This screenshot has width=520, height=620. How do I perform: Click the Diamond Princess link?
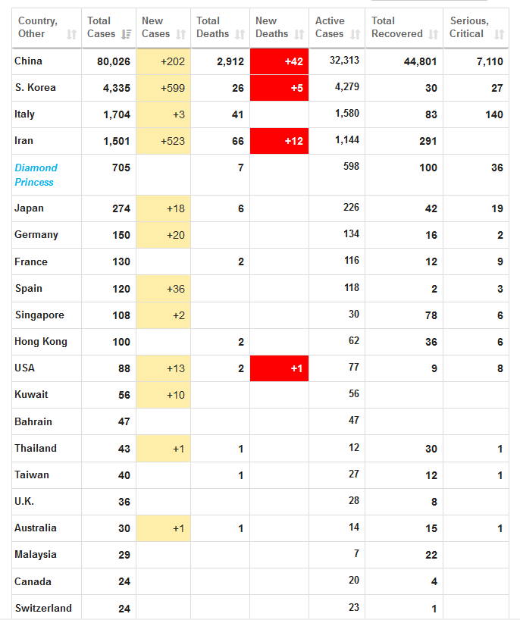[36, 174]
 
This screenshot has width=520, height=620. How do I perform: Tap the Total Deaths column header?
[213, 27]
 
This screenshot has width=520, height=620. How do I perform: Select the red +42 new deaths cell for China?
[279, 61]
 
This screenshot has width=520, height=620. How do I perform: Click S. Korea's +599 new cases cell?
[164, 88]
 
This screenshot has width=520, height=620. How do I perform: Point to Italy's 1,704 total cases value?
[117, 114]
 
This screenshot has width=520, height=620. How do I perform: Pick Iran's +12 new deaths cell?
[279, 141]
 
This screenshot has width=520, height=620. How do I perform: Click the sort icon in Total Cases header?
[126, 34]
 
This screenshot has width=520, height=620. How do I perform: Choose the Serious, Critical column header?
[469, 27]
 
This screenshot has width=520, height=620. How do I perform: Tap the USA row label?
[25, 368]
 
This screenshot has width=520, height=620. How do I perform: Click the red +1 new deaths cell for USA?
[279, 368]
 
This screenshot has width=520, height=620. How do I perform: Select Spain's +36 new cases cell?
[164, 289]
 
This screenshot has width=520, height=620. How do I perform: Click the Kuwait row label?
[31, 394]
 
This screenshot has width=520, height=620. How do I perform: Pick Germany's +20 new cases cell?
[164, 235]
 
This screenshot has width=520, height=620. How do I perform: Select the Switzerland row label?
[43, 608]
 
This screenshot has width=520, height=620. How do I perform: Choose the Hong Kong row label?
[41, 341]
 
